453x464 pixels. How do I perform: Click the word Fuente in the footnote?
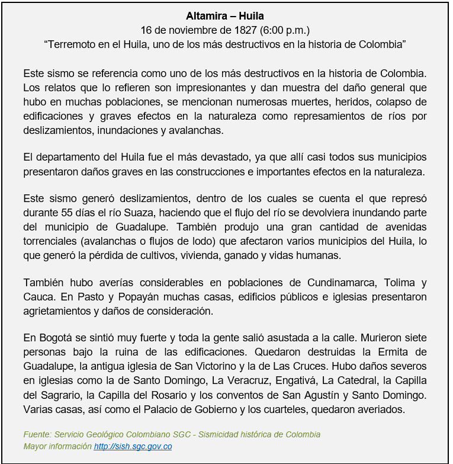point(36,434)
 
